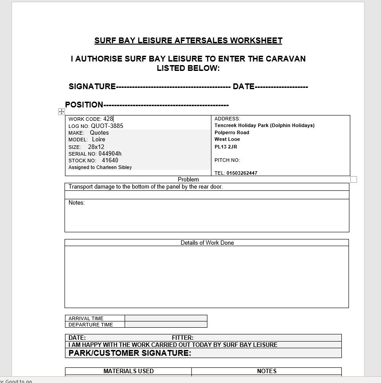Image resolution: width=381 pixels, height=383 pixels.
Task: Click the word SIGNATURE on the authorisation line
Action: click(92, 86)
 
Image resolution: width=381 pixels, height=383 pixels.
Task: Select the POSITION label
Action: click(84, 105)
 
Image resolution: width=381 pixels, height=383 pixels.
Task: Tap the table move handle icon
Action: click(62, 111)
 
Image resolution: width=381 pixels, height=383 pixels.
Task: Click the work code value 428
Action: click(108, 119)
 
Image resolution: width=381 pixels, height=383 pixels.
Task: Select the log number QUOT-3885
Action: click(107, 126)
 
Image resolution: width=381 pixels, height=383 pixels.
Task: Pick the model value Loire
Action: click(99, 140)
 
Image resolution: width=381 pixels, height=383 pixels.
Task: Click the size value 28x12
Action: click(96, 147)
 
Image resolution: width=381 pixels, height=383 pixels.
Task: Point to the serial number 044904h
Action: click(110, 154)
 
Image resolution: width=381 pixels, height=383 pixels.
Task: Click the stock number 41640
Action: click(110, 161)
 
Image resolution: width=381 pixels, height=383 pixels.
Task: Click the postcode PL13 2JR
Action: click(226, 147)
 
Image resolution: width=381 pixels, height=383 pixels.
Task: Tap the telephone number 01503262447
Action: click(242, 173)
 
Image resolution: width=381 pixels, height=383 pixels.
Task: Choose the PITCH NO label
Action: click(227, 160)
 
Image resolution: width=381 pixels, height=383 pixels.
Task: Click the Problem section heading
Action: click(188, 179)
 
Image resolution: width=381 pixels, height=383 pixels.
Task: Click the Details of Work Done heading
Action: click(207, 243)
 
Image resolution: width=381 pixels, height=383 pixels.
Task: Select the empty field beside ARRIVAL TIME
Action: click(166, 318)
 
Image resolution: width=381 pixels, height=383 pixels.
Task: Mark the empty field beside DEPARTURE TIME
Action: click(166, 325)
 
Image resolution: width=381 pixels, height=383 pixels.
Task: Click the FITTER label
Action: click(182, 338)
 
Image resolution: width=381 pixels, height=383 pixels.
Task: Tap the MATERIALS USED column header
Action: click(129, 371)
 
